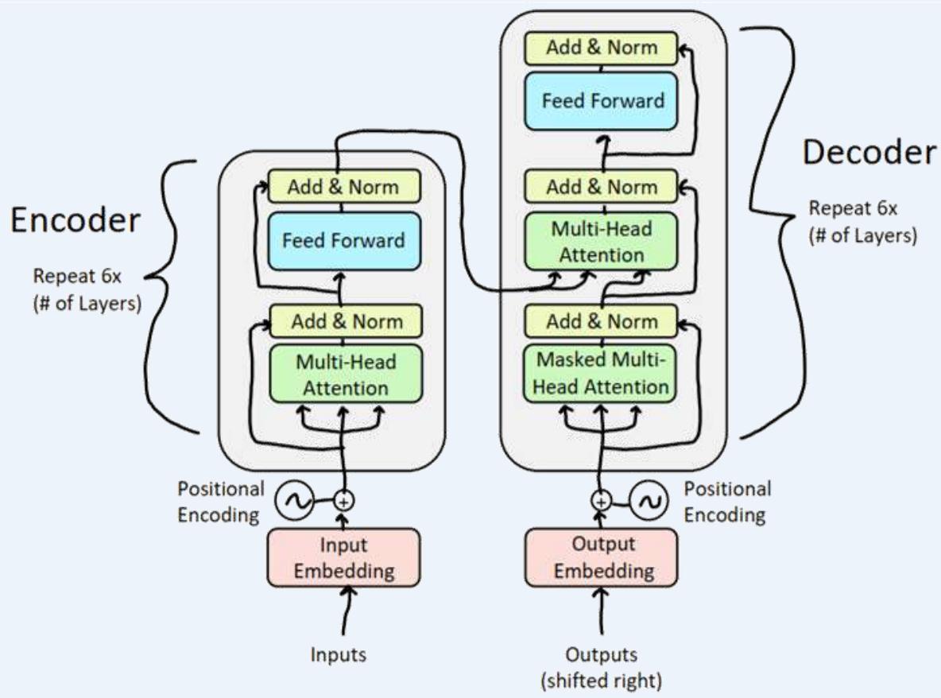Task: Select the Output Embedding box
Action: [601, 558]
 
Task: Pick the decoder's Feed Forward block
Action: [602, 101]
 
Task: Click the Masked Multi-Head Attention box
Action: [602, 373]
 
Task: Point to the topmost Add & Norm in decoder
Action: [602, 47]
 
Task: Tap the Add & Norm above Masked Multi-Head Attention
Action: [602, 321]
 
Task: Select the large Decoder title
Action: [868, 153]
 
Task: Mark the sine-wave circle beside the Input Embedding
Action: [290, 501]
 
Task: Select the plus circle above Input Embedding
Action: [344, 501]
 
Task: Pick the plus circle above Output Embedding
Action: [602, 501]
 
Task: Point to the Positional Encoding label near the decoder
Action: [727, 501]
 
